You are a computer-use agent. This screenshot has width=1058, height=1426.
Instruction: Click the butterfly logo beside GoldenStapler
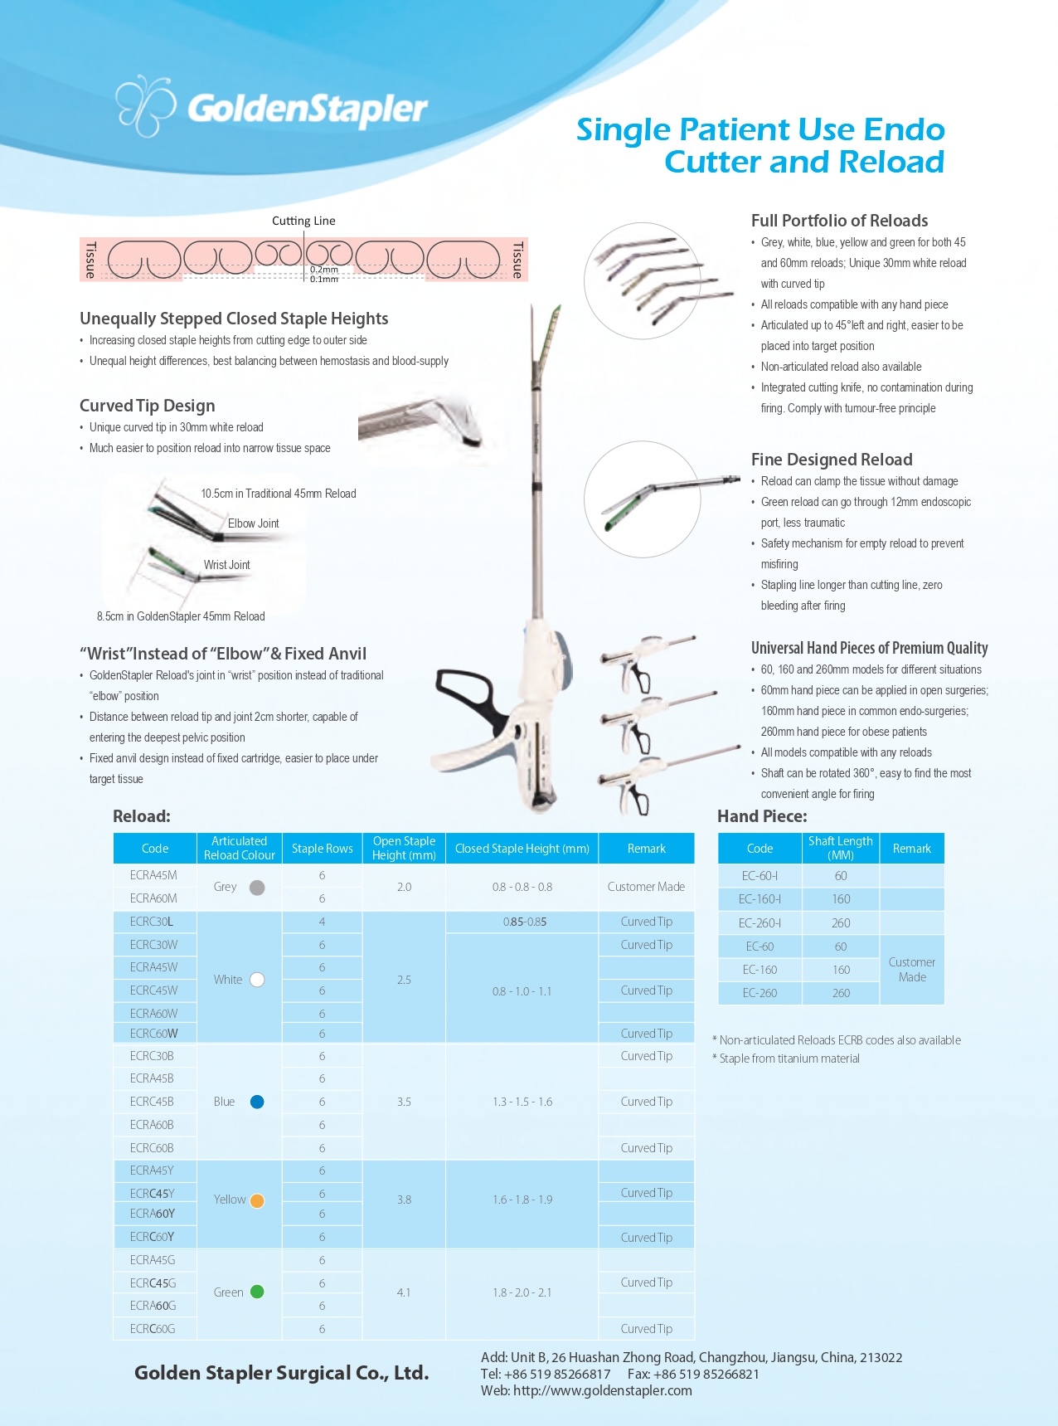(145, 105)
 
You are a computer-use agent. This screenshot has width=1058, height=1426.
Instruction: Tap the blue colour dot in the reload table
(257, 1102)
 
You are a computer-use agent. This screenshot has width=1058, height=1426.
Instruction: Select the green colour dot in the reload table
(257, 1292)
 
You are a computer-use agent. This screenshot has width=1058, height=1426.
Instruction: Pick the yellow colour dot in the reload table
(257, 1200)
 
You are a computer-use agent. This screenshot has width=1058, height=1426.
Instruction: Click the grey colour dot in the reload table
(257, 887)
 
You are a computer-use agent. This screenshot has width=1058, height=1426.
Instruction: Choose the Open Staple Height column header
(404, 848)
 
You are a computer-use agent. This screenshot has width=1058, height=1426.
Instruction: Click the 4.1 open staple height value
(404, 1292)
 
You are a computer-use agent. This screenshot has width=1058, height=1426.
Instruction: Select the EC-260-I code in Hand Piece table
(760, 923)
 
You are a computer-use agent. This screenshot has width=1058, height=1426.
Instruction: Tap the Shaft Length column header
(840, 848)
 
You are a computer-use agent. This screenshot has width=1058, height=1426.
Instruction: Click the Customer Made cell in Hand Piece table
(911, 970)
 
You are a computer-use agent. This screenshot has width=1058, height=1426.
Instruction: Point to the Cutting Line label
(303, 221)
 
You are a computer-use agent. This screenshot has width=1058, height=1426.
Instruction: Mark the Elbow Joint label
(253, 523)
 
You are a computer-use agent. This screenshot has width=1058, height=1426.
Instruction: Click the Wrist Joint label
(226, 565)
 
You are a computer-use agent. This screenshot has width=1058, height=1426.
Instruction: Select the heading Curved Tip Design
(148, 406)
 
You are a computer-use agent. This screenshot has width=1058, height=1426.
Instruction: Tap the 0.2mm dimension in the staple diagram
(323, 270)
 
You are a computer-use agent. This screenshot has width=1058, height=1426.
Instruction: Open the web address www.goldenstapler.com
(602, 1390)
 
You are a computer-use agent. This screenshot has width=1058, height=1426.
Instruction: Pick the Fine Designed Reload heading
(832, 460)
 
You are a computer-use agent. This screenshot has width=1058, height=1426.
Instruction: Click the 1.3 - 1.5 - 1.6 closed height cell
(522, 1102)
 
